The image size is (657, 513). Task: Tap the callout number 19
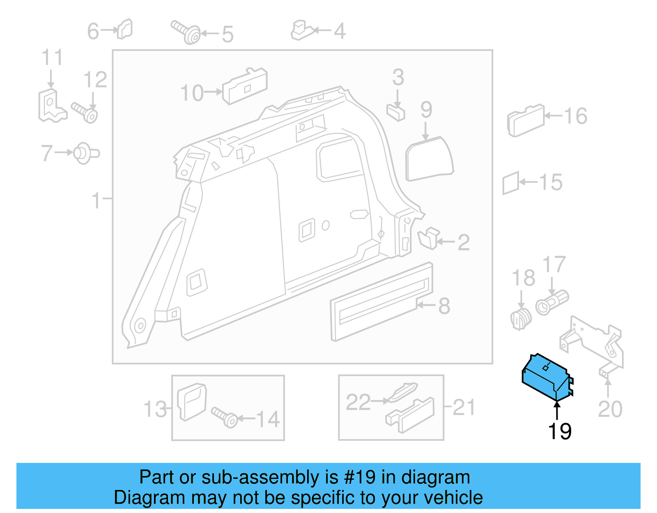point(559,432)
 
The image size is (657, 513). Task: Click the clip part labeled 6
point(125,29)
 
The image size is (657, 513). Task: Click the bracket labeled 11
point(51,106)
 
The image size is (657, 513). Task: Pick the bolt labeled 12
point(85,112)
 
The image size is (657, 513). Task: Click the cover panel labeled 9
point(429,159)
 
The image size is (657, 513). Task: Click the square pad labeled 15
point(511,183)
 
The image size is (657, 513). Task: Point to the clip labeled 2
point(428,239)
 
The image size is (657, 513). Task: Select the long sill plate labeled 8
point(382,302)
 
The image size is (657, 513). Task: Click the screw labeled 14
point(225,416)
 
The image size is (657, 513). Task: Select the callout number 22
point(358,402)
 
